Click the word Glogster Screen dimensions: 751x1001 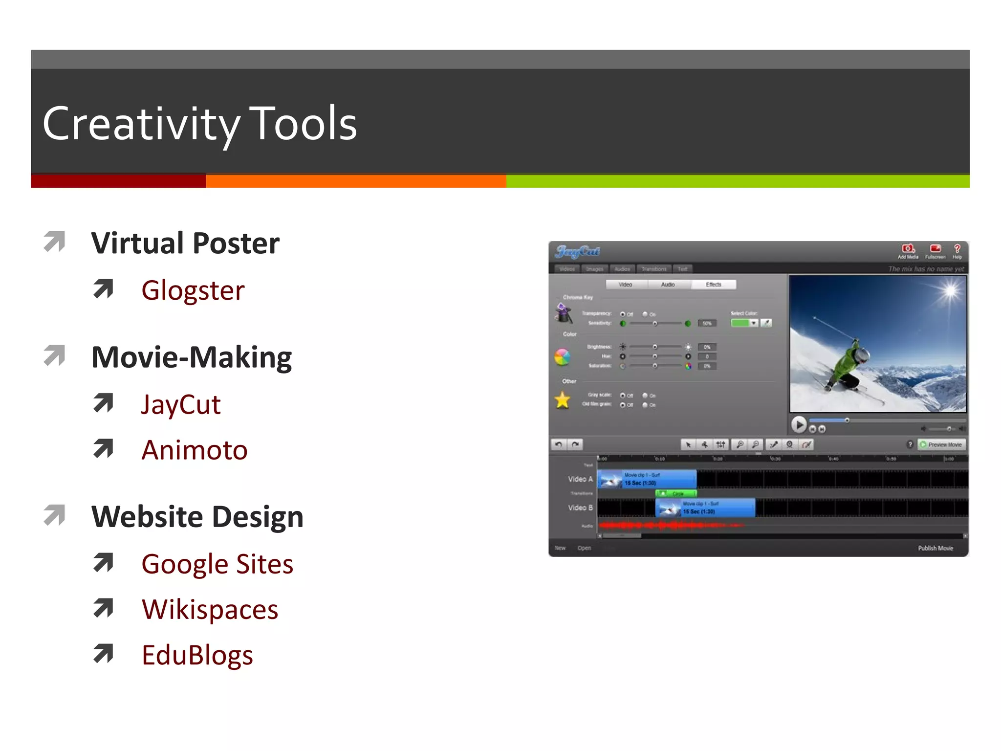(x=193, y=290)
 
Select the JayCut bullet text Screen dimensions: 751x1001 (x=181, y=405)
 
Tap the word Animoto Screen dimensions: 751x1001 (x=195, y=450)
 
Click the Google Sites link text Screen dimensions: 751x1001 (x=217, y=564)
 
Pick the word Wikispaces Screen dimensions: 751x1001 (x=210, y=610)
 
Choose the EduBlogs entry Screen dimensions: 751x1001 (x=197, y=655)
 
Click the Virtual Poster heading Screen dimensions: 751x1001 (x=185, y=243)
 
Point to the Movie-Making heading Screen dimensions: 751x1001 (x=192, y=357)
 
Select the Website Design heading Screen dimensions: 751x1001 (x=197, y=517)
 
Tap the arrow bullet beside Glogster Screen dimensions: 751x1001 (x=103, y=289)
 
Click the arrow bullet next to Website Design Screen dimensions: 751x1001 (x=54, y=515)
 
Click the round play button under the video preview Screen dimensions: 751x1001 (x=799, y=424)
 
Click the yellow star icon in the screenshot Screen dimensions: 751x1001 (x=563, y=400)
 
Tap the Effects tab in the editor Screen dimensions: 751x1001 (x=713, y=285)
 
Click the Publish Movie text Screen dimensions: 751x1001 (x=935, y=548)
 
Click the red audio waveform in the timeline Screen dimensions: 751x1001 (x=670, y=526)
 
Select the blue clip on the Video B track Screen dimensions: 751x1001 (x=705, y=508)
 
